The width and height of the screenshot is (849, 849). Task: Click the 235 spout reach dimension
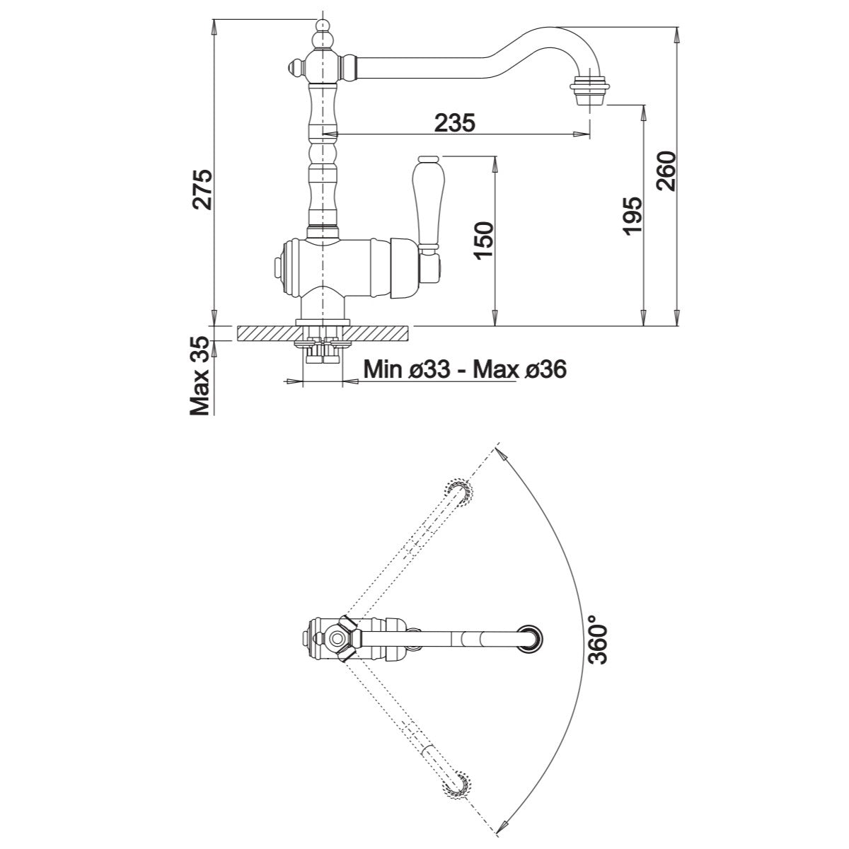coord(455,123)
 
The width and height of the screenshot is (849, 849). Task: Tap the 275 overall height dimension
coord(202,189)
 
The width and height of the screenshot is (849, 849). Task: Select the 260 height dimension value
coord(666,171)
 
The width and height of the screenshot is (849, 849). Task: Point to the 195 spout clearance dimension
coord(633,216)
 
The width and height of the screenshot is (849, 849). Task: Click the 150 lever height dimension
coord(484,241)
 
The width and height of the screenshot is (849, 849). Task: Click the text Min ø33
coord(407,369)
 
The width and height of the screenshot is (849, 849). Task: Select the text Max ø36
coord(520,369)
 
